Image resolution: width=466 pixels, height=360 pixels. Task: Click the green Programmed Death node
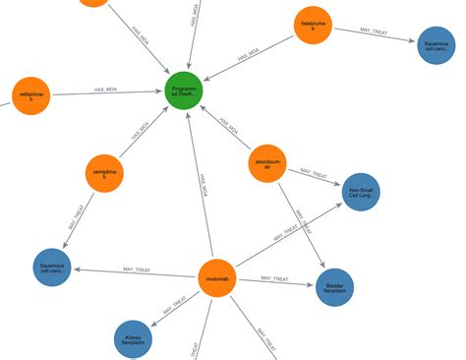click(x=184, y=91)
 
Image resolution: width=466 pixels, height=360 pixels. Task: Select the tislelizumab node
click(x=315, y=25)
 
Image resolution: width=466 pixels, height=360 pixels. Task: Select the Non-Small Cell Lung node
click(x=361, y=192)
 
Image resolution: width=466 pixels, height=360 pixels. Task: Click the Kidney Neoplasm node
click(x=133, y=339)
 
